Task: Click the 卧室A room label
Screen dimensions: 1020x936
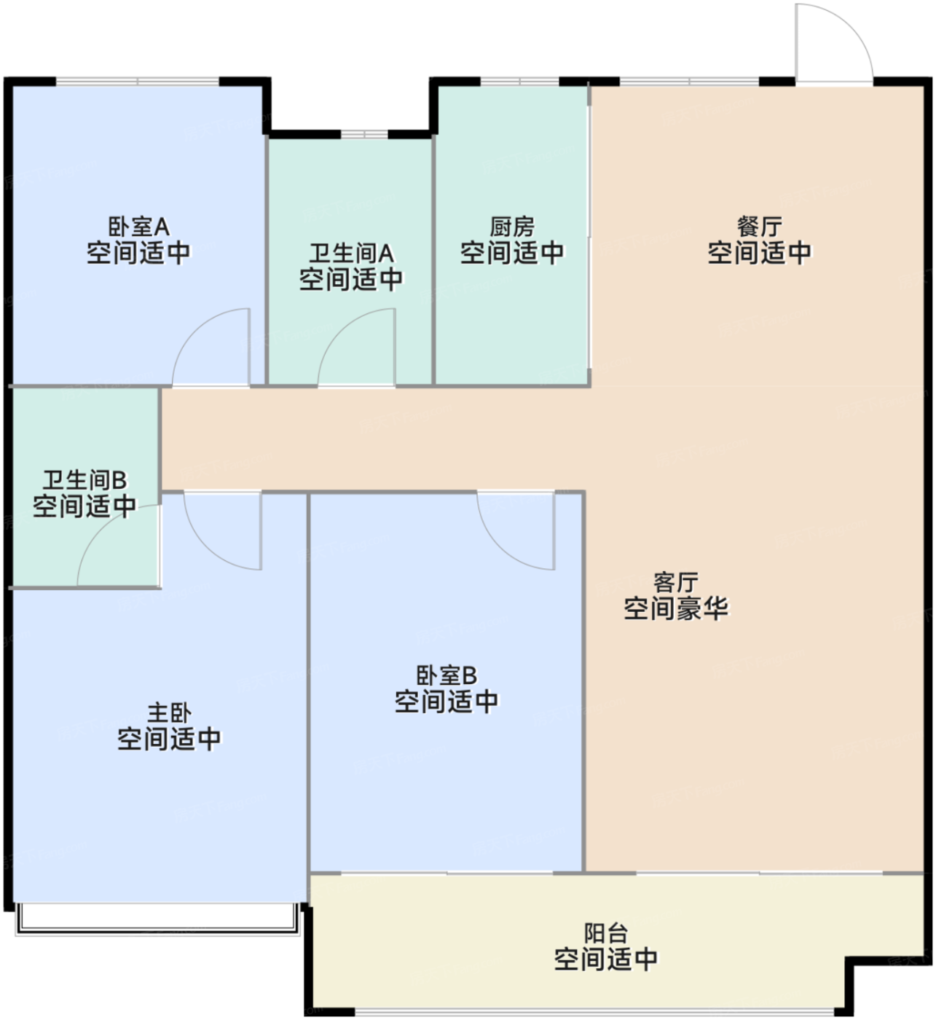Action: (138, 227)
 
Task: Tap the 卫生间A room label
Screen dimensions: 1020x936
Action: (351, 253)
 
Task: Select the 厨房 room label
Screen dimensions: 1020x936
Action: (511, 227)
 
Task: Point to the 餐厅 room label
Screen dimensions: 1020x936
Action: (759, 227)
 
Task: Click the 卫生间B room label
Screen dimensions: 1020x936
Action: (84, 480)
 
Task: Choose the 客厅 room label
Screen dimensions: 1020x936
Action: (675, 582)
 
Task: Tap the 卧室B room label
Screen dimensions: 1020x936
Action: (446, 675)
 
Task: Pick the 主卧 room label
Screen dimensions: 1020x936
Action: (169, 713)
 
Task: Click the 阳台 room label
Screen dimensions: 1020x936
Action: (605, 933)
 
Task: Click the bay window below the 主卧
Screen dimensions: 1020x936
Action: (157, 919)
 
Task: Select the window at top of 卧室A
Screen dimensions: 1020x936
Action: (138, 81)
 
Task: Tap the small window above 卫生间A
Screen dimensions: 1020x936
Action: (365, 134)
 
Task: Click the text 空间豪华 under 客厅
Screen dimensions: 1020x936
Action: (675, 608)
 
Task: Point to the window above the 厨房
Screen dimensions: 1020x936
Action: (519, 81)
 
